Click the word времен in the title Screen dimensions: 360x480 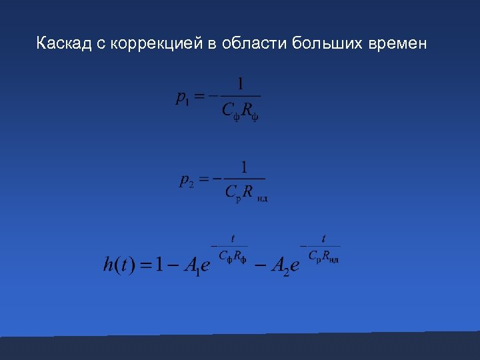[x=398, y=44]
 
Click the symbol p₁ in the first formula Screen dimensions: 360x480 [x=182, y=99]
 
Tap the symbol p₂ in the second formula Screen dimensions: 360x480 [x=186, y=181]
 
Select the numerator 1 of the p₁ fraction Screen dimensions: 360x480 [x=241, y=84]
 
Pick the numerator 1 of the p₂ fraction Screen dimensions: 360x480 [x=244, y=167]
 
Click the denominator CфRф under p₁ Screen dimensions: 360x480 [x=241, y=111]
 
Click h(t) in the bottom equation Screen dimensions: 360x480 [x=119, y=265]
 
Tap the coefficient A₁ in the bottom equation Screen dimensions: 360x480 [x=191, y=267]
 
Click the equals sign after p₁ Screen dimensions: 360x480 [x=199, y=97]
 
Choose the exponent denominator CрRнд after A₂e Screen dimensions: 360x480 [x=323, y=257]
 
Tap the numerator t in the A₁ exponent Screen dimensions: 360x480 [x=233, y=238]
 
